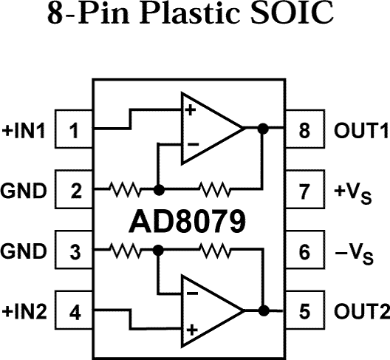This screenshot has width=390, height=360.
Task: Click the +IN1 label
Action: point(24,132)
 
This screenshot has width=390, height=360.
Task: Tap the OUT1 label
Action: point(357,132)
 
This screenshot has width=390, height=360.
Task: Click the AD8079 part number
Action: point(190,222)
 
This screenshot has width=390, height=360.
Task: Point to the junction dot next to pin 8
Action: point(262,129)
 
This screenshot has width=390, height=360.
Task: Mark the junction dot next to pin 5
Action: point(262,310)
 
